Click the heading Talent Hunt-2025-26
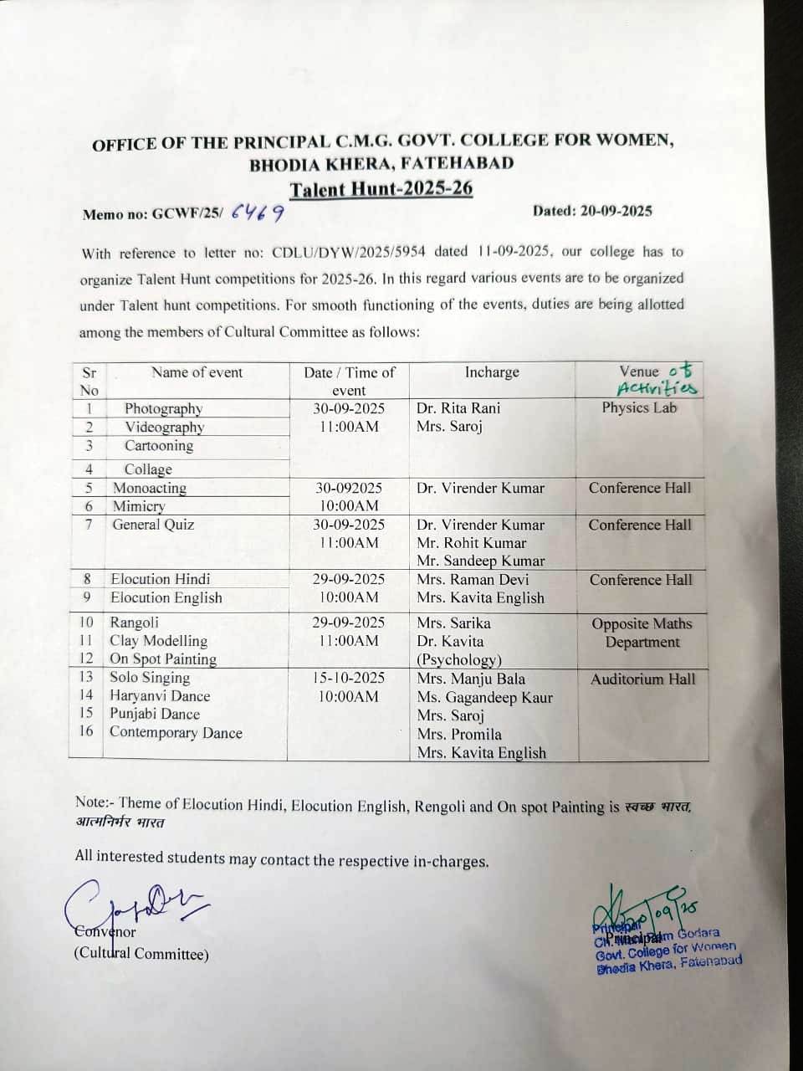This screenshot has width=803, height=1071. coord(381,188)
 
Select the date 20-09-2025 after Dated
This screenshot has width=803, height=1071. coord(614,211)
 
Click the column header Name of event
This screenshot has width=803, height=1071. coord(197,373)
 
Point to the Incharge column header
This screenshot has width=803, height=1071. coord(492,372)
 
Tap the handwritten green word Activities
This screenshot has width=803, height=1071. coord(657,388)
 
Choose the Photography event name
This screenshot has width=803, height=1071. coord(163,408)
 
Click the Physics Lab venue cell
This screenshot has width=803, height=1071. coord(639,408)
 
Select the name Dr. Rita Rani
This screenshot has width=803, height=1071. coord(458,408)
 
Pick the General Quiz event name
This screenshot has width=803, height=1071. coord(153,525)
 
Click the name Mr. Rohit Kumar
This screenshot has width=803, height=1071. coord(472,543)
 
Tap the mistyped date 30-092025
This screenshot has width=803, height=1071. coord(349,488)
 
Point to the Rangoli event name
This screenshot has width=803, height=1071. coord(134,623)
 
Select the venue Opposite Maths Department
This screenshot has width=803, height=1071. coord(642,633)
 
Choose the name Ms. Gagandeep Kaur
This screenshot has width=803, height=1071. coord(485,697)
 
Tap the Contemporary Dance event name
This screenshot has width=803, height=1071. coord(176,733)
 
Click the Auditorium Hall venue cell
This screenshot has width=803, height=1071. coord(642,679)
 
